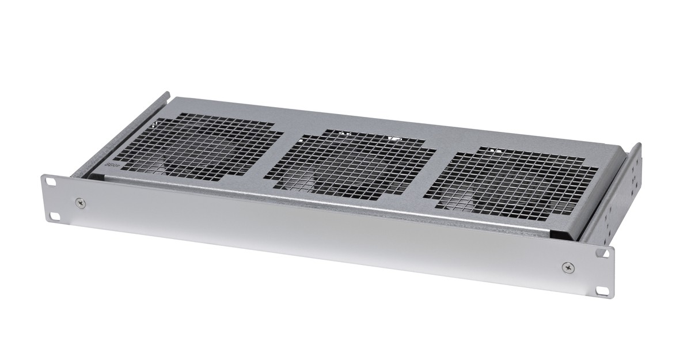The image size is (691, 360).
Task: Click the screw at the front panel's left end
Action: pos(79,202)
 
